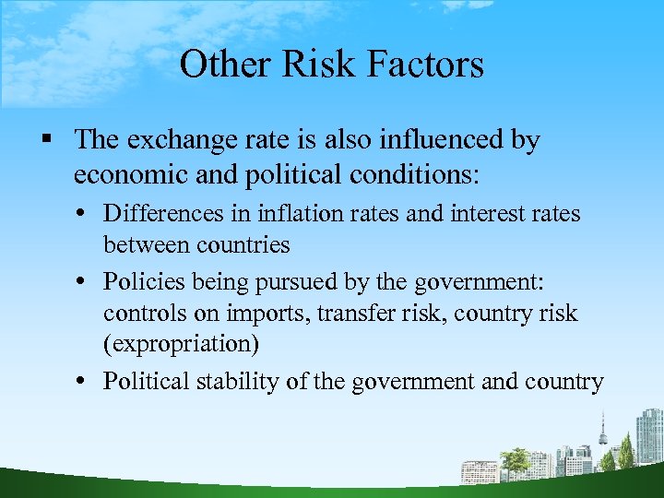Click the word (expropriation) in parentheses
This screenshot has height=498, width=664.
(180, 344)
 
